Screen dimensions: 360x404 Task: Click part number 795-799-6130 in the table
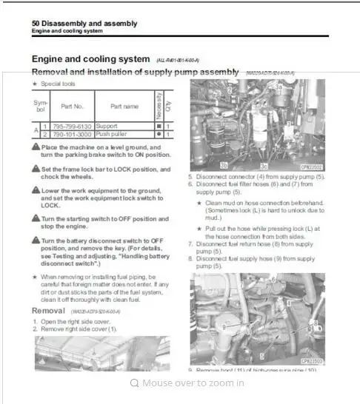click(x=73, y=127)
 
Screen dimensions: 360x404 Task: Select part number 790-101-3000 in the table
click(x=73, y=135)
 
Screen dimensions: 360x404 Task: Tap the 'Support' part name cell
click(x=108, y=127)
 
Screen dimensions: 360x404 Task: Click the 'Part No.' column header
click(x=73, y=107)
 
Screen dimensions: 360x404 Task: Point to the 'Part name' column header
click(x=124, y=107)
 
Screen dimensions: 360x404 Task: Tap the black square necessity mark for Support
click(x=158, y=127)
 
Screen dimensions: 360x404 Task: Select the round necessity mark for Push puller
click(x=158, y=135)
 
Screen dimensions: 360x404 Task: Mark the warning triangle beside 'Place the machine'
click(x=36, y=147)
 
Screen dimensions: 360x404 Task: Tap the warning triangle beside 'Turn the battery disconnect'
click(x=36, y=240)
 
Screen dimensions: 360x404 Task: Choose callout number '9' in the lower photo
click(x=222, y=325)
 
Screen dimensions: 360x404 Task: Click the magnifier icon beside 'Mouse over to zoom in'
click(x=134, y=383)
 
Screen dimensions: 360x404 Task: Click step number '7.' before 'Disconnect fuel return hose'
click(x=190, y=243)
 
